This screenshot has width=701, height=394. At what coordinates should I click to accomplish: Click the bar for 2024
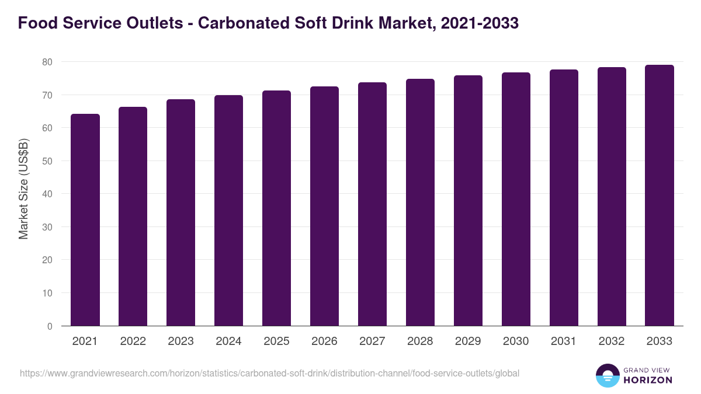coord(228,211)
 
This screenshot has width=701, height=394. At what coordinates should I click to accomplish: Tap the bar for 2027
coord(372,204)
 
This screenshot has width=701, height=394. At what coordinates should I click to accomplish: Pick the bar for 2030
coord(516,199)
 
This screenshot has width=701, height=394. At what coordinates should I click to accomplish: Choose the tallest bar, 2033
coord(660,196)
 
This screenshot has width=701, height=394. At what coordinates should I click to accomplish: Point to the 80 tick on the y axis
coord(47,62)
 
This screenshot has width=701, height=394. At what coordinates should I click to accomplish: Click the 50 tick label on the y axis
coord(47,161)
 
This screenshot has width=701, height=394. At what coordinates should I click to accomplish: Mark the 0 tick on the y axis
coord(50,326)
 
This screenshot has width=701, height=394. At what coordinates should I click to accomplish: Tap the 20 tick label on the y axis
coord(47,260)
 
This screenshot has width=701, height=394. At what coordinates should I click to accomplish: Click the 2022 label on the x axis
coord(133,341)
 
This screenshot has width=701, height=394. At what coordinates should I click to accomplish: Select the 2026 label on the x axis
coord(324,341)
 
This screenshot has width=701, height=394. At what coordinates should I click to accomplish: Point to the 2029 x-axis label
coord(468,341)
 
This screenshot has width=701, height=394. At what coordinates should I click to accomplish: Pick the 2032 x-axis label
coord(612,341)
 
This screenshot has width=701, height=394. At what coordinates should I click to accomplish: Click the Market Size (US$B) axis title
coord(23,189)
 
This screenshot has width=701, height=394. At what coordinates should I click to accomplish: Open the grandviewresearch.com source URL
coord(269,373)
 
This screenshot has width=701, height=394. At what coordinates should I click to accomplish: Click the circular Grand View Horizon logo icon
coord(608,376)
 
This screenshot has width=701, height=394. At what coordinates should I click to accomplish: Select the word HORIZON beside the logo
coord(648,380)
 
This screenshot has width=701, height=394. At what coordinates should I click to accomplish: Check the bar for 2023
coord(181,212)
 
